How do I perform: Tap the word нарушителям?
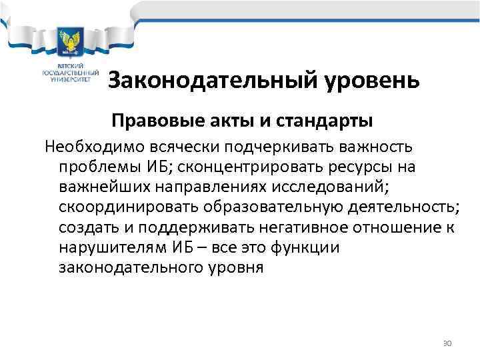point(105,248)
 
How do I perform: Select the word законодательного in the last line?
point(127,269)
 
